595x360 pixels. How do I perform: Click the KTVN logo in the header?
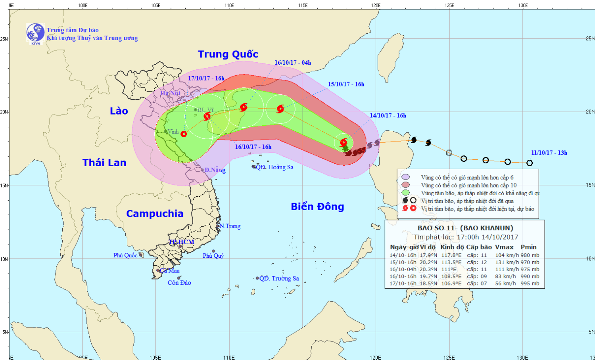pyautogui.click(x=35, y=33)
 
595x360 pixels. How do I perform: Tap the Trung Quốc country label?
pyautogui.click(x=228, y=54)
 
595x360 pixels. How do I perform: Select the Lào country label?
pyautogui.click(x=119, y=111)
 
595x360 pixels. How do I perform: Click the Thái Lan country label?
pyautogui.click(x=104, y=163)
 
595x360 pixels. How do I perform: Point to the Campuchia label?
pyautogui.click(x=155, y=214)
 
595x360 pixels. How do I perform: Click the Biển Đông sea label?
pyautogui.click(x=317, y=207)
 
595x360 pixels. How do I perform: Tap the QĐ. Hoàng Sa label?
pyautogui.click(x=274, y=167)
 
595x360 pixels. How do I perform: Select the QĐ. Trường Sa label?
pyautogui.click(x=279, y=278)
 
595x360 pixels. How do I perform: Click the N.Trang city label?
pyautogui.click(x=230, y=226)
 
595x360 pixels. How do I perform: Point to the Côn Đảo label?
pyautogui.click(x=179, y=283)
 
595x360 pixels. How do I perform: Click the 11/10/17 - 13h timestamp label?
pyautogui.click(x=549, y=153)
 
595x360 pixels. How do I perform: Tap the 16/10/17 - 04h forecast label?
pyautogui.click(x=293, y=63)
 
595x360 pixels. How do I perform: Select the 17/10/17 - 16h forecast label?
pyautogui.click(x=206, y=78)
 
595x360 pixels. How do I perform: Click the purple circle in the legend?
pyautogui.click(x=405, y=177)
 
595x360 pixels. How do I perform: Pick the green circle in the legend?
pyautogui.click(x=405, y=193)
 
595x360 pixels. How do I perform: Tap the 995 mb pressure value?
pyautogui.click(x=530, y=283)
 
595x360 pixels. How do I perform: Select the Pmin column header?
pyautogui.click(x=528, y=247)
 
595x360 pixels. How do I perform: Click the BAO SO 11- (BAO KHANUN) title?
pyautogui.click(x=465, y=228)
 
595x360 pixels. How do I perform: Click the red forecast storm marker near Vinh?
pyautogui.click(x=184, y=134)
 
